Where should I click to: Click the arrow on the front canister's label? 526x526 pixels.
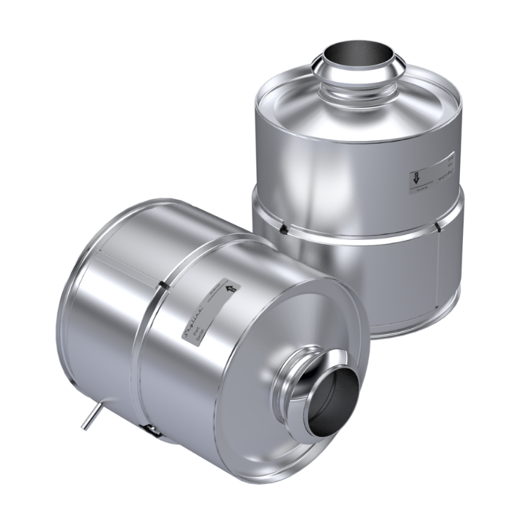point(231,288)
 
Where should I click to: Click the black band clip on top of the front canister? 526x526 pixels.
point(163,284)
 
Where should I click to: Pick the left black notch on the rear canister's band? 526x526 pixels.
point(282,229)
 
